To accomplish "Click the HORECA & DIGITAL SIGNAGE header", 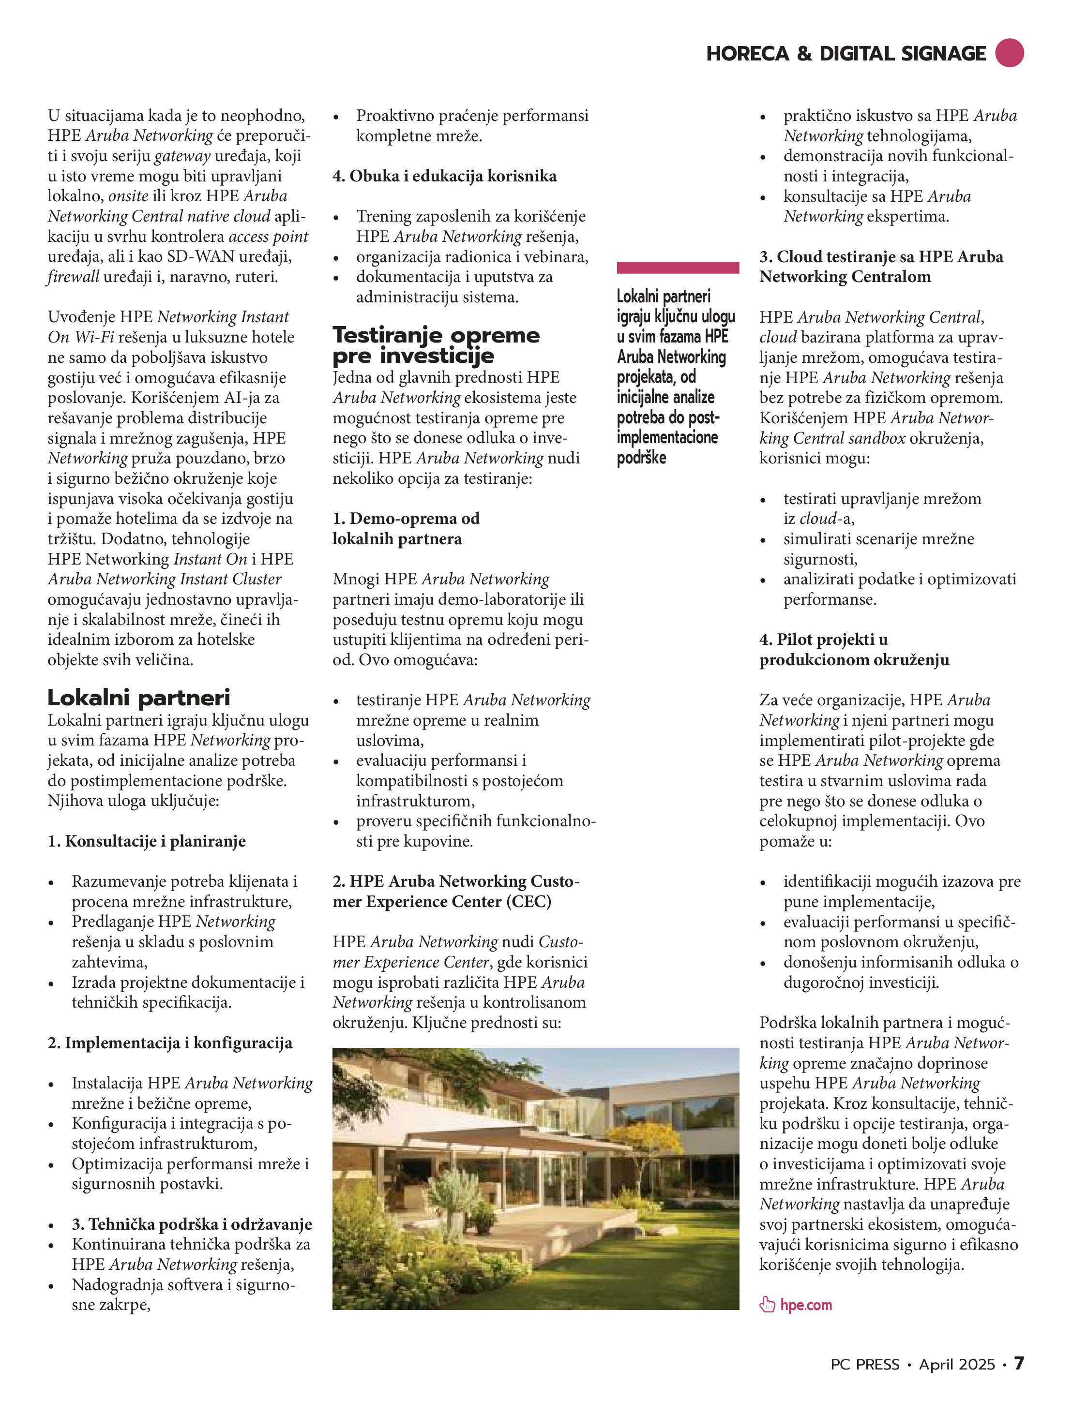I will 846,54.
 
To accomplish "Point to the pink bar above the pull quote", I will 678,268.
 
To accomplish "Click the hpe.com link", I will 805,1305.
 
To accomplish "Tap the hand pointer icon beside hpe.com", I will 767,1305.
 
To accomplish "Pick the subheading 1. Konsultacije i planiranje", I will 147,841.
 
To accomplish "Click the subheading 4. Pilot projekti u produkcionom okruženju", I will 854,650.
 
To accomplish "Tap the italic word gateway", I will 182,156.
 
